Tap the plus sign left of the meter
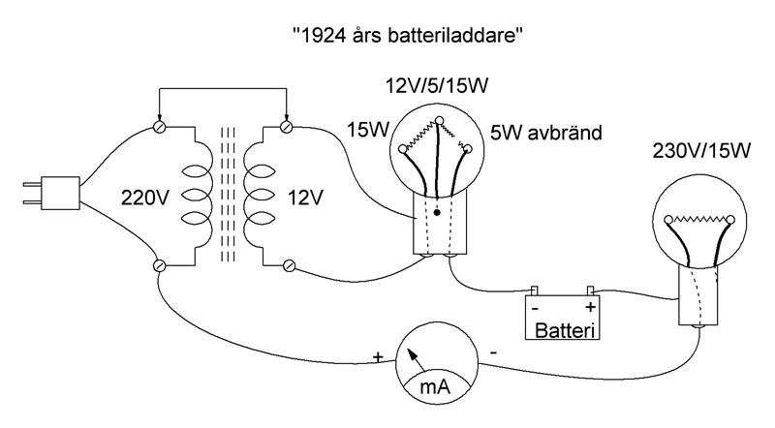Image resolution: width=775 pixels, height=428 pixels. coord(378,356)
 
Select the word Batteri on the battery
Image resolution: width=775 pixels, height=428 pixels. coord(565,330)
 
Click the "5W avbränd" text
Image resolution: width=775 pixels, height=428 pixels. coord(546,131)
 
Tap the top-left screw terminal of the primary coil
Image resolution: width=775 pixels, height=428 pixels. coord(160,127)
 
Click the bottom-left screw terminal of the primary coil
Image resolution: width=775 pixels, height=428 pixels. coord(160,264)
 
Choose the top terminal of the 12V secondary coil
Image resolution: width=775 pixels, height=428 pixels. coord(286,127)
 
